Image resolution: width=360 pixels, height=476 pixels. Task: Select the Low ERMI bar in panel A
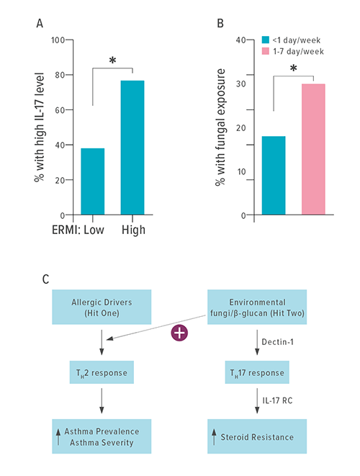[x=93, y=181]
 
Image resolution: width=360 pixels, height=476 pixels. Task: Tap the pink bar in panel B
[x=312, y=149]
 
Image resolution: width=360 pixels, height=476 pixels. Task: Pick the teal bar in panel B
[x=274, y=175]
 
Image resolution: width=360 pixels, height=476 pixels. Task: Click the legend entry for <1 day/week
[x=292, y=39]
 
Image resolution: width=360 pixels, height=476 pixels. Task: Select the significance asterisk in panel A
[x=112, y=61]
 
